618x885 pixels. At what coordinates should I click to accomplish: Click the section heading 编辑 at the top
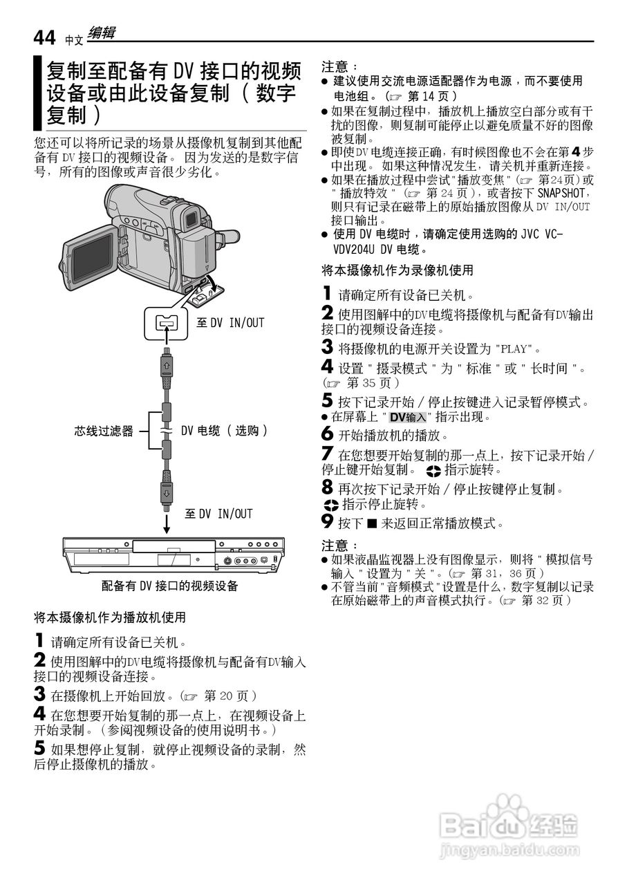[x=102, y=33]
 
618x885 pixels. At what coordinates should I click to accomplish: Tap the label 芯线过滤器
[x=104, y=431]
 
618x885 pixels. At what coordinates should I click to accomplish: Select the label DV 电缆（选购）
[x=224, y=431]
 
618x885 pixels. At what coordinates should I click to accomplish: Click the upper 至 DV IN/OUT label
[x=230, y=322]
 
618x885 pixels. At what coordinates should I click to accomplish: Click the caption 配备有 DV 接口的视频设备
[x=169, y=586]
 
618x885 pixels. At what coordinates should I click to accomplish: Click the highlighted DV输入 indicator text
[x=408, y=417]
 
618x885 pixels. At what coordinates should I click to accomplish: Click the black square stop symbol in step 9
[x=372, y=523]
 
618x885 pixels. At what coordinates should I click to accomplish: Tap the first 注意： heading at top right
[x=340, y=67]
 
